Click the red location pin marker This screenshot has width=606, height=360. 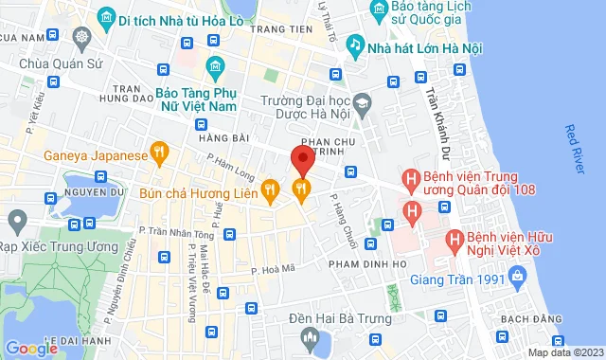302,158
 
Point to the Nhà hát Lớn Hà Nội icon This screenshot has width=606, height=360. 354,44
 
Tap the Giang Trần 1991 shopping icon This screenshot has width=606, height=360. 517,279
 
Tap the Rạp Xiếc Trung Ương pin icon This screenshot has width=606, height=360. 15,224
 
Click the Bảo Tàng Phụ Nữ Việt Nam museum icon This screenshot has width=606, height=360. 214,68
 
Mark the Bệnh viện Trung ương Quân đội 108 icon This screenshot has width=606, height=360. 411,177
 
